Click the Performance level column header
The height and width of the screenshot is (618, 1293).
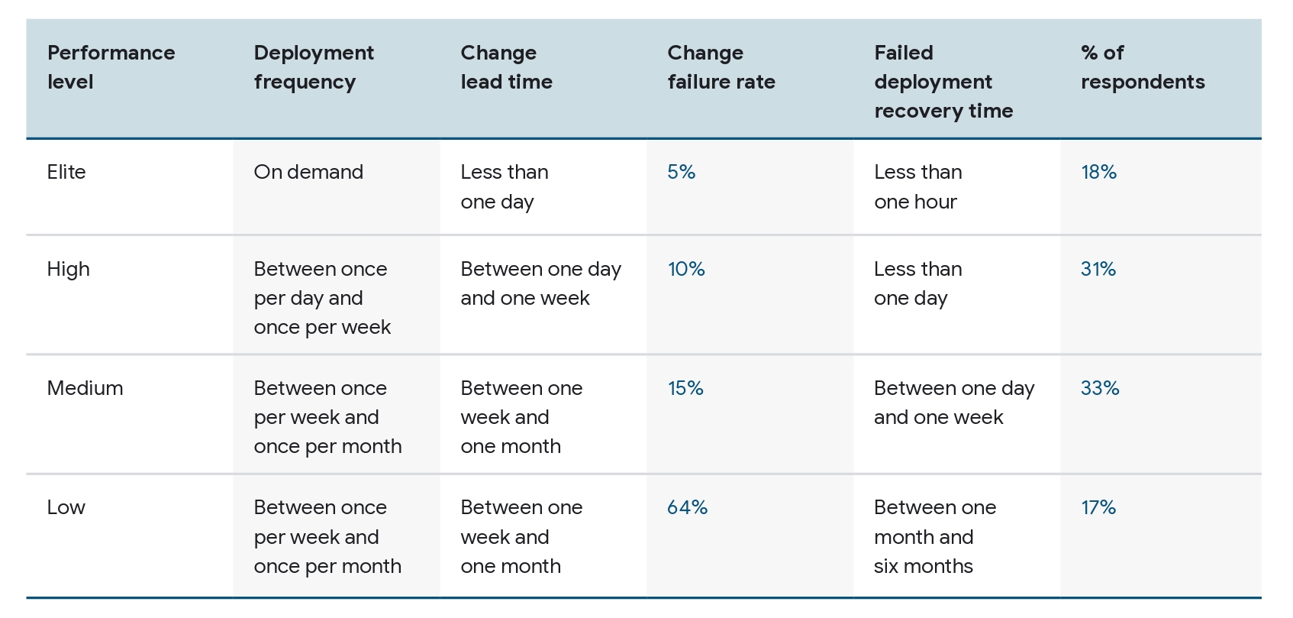[111, 67]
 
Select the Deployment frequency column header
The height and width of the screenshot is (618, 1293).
[314, 67]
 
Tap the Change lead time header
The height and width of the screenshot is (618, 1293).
[506, 67]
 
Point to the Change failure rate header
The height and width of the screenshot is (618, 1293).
[721, 67]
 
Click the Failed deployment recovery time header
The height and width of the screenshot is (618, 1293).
[943, 82]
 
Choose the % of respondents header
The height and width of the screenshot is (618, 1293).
[1143, 67]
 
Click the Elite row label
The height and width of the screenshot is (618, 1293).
[66, 172]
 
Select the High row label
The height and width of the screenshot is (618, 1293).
[68, 269]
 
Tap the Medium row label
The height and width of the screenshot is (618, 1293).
[85, 388]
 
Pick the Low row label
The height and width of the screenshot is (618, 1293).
[66, 507]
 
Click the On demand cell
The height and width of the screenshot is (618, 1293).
[308, 172]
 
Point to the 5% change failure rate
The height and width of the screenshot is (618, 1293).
[681, 172]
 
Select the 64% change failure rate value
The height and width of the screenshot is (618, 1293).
[687, 507]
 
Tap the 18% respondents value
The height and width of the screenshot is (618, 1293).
[1098, 172]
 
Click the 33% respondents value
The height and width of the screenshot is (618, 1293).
[1100, 388]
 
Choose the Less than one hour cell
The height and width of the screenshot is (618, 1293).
[917, 186]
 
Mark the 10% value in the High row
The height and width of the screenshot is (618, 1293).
[686, 269]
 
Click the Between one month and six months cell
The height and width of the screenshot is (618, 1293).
[935, 536]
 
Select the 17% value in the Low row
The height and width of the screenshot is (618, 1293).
[1098, 507]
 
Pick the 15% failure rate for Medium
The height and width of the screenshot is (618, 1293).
[685, 388]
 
